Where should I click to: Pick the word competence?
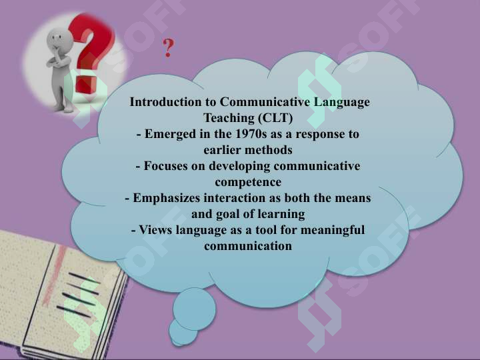(248, 183)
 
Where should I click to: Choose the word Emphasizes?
(167, 199)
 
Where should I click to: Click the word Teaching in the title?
(229, 118)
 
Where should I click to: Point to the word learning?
(281, 214)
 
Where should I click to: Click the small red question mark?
(168, 48)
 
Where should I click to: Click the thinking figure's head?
(60, 41)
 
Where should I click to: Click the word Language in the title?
(341, 103)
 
